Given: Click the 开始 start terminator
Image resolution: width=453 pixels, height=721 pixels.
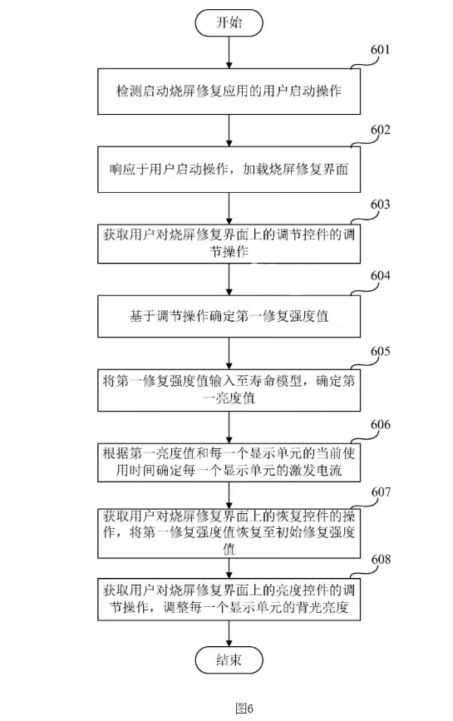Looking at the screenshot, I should [x=229, y=24].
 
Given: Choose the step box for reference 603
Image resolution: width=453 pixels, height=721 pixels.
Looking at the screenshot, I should [x=229, y=242].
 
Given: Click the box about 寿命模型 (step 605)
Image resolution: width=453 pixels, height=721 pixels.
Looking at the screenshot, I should [x=229, y=391].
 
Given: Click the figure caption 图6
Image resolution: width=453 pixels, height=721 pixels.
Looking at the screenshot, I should [x=244, y=708].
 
